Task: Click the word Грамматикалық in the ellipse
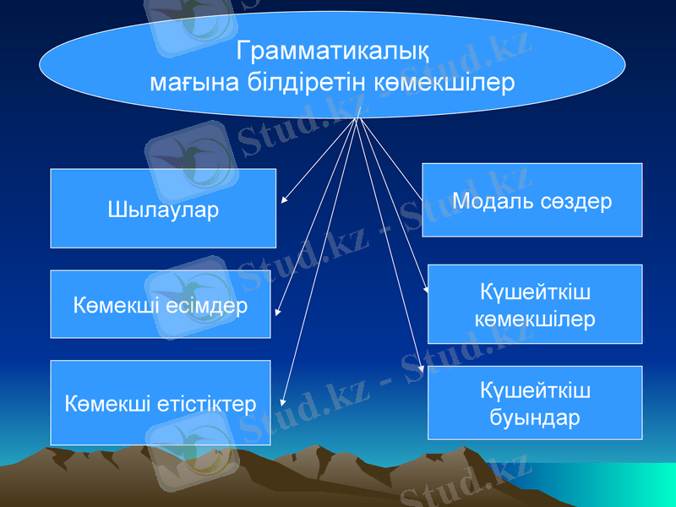tap(332, 52)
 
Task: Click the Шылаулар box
tap(163, 209)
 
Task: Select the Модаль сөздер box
tap(532, 200)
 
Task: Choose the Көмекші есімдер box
tap(161, 304)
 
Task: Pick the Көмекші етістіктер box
tap(161, 403)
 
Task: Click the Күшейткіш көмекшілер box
tap(534, 305)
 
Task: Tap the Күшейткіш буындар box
tap(534, 403)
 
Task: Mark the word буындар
tap(535, 417)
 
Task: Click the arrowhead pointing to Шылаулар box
tap(283, 201)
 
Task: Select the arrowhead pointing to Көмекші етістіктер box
tap(282, 406)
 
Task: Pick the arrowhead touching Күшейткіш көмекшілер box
tap(427, 289)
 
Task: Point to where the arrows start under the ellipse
tap(358, 117)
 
